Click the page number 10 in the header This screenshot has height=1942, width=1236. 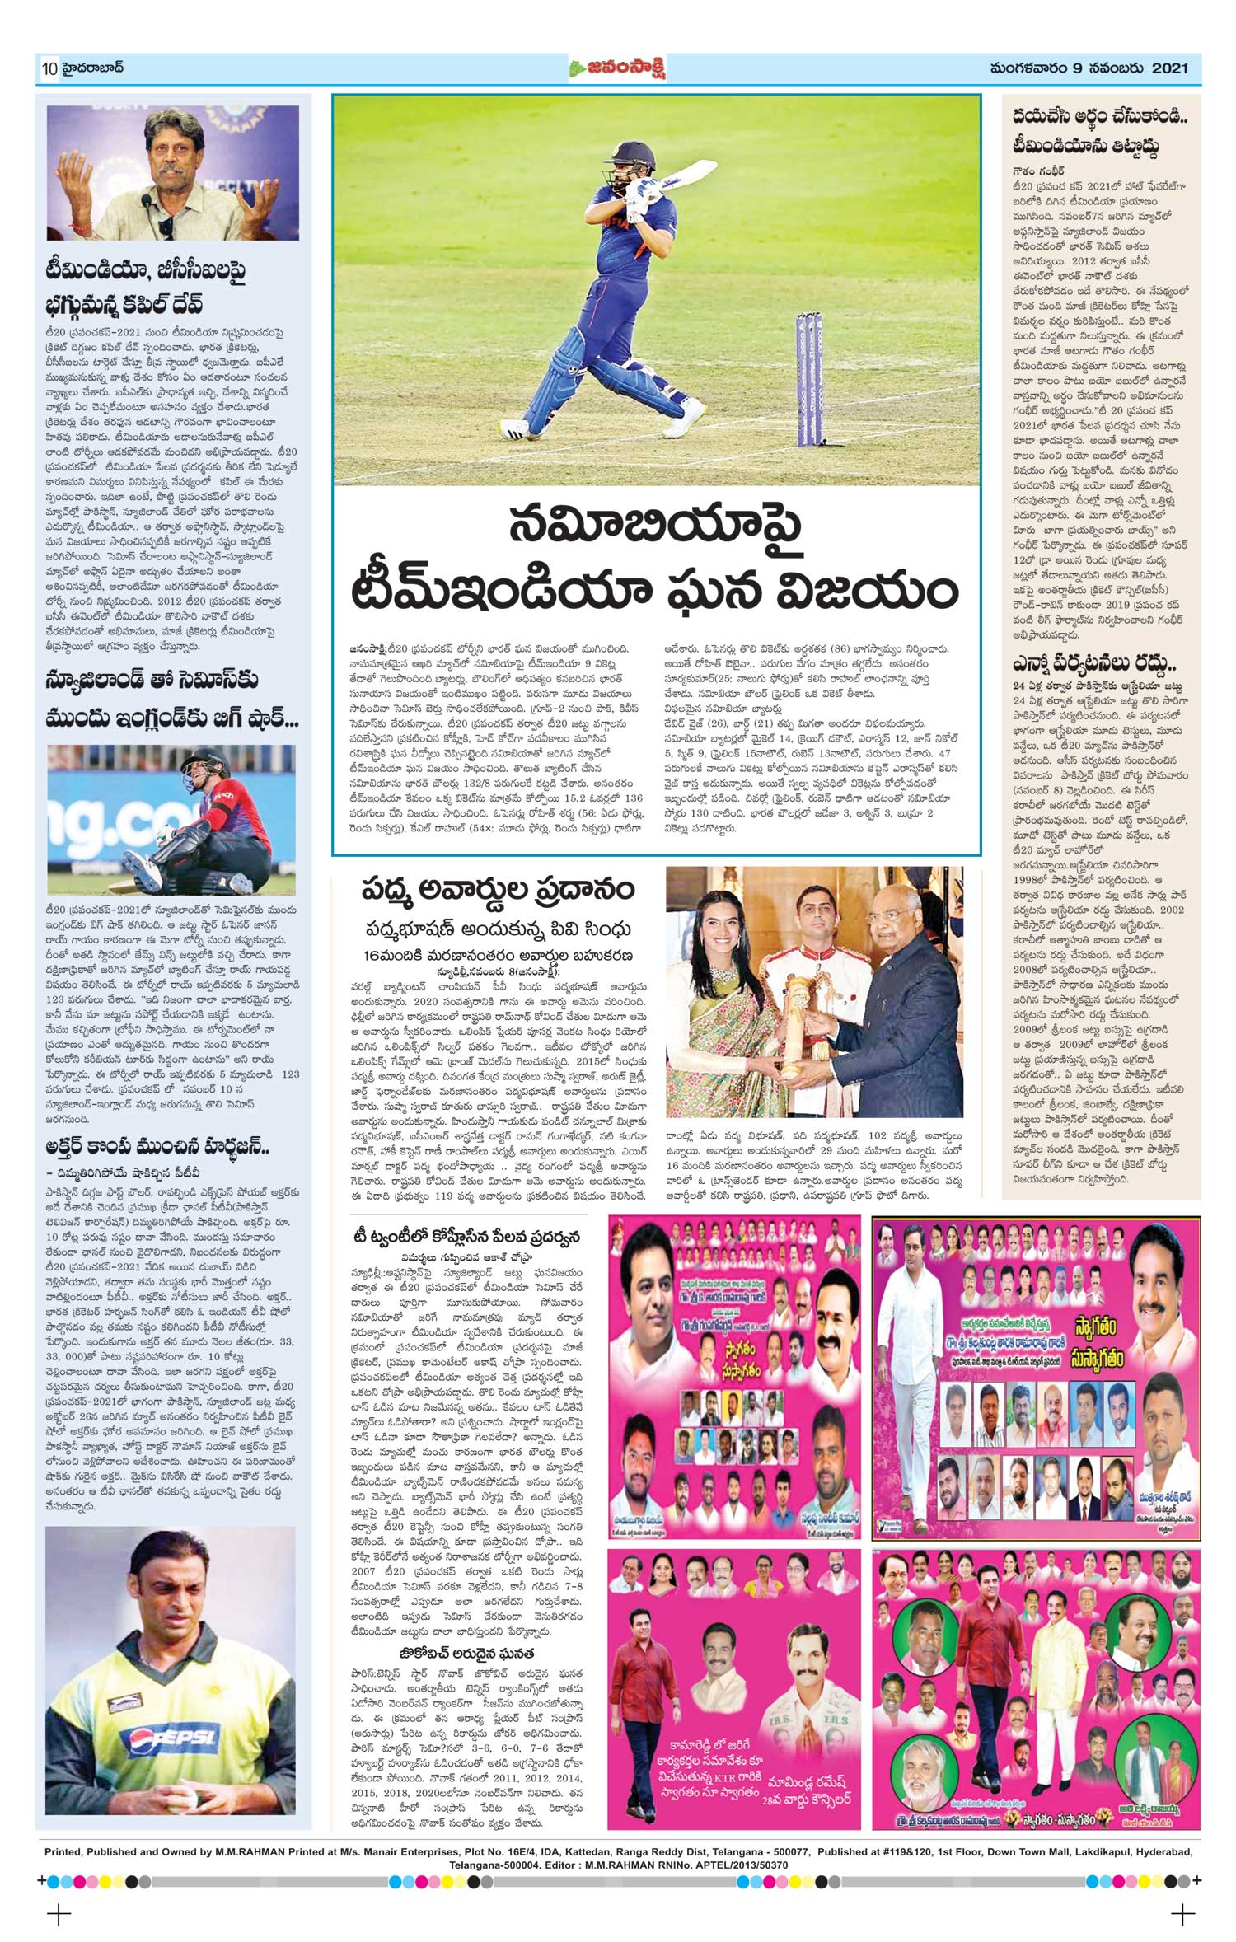48,69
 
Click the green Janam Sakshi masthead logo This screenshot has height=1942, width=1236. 616,69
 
